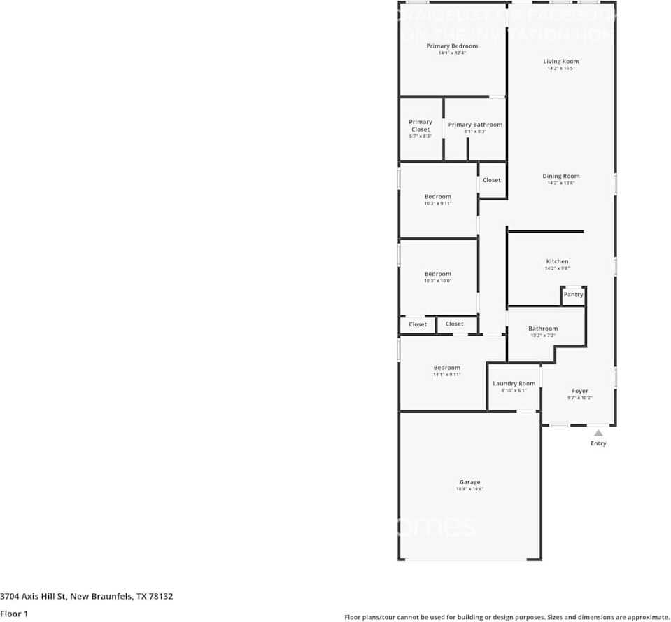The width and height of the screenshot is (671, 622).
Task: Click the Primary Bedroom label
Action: pyautogui.click(x=452, y=46)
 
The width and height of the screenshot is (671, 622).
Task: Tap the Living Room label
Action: pyautogui.click(x=561, y=62)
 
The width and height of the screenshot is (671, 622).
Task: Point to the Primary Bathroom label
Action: pyautogui.click(x=475, y=125)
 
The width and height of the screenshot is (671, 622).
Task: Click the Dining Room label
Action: pyautogui.click(x=561, y=177)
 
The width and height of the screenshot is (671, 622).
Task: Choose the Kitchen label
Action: pyautogui.click(x=557, y=261)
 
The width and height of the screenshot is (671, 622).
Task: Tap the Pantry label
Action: pyautogui.click(x=573, y=295)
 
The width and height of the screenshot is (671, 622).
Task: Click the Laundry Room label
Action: pyautogui.click(x=514, y=384)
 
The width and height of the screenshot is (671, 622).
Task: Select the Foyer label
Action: pyautogui.click(x=579, y=391)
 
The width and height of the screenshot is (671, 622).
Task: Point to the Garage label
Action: pyautogui.click(x=469, y=482)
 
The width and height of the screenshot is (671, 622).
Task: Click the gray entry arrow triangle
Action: pyautogui.click(x=598, y=433)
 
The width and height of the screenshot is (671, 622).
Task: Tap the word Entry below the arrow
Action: pyautogui.click(x=598, y=443)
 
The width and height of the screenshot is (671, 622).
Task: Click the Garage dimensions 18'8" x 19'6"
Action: pyautogui.click(x=469, y=489)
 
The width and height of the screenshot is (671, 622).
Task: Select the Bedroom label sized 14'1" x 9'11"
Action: pyautogui.click(x=446, y=368)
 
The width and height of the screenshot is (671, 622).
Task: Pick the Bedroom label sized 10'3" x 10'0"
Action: pyautogui.click(x=438, y=274)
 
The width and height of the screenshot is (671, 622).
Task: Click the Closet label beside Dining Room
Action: pyautogui.click(x=492, y=180)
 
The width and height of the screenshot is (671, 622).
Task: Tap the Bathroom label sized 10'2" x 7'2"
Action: pyautogui.click(x=543, y=329)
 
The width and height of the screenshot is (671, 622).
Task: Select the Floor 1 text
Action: pyautogui.click(x=14, y=614)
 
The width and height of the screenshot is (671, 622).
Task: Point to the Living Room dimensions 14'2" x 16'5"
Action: pyautogui.click(x=561, y=69)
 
